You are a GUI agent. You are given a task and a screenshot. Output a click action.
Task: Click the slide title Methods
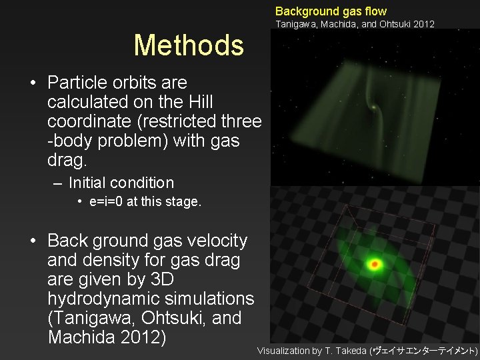[x=189, y=45]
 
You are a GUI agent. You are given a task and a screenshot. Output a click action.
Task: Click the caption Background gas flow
[x=331, y=11]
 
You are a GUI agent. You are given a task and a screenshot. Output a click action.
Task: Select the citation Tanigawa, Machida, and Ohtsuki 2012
[x=355, y=24]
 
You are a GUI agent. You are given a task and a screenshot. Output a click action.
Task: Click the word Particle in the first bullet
[x=77, y=83]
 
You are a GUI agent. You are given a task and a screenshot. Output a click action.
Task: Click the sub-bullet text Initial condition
[x=121, y=183]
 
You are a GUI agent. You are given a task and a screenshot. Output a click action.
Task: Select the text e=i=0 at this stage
[x=145, y=202]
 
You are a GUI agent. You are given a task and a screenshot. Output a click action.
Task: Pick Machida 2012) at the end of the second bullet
[x=107, y=337]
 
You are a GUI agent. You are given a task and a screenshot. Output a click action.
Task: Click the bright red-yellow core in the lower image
[x=375, y=265]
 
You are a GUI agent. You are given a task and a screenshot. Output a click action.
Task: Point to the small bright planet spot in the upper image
[x=373, y=107]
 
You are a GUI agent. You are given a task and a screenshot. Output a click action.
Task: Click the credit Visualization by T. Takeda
[x=312, y=351]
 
